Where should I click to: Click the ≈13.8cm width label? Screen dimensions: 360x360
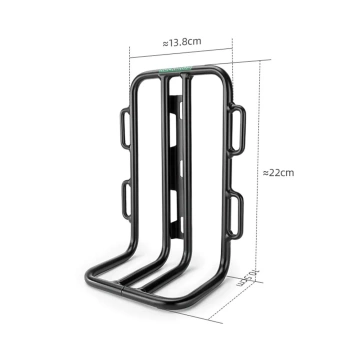180,43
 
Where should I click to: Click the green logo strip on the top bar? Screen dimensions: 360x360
186,70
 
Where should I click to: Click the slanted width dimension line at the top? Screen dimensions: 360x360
180,53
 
